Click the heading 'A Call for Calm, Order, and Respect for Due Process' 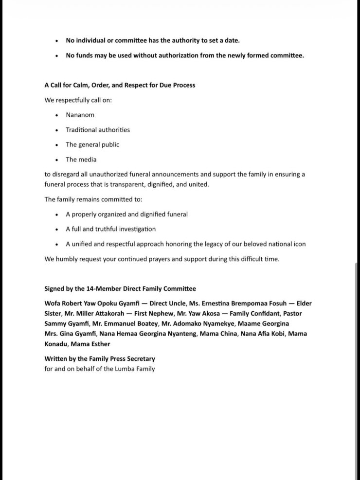coord(120,85)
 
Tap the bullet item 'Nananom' coord(80,115)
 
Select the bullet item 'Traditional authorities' coord(98,130)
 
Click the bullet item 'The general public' coord(92,144)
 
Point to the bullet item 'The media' coord(81,160)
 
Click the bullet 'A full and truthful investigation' coord(111,229)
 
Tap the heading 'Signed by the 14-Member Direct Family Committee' coord(120,289)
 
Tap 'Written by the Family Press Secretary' coord(100,359)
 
